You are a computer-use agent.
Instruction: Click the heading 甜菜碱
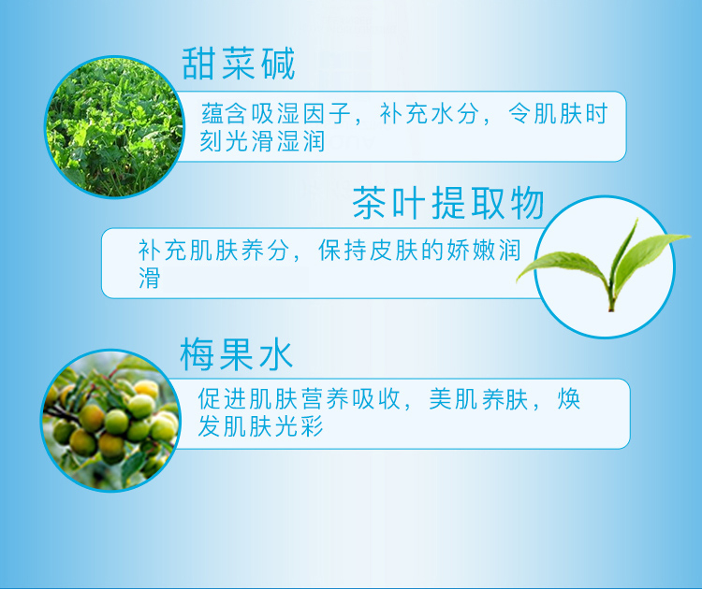[x=238, y=64]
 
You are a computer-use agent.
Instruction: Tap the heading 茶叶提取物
[x=448, y=204]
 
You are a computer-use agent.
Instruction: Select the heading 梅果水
[x=237, y=354]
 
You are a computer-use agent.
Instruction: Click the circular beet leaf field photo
[x=114, y=127]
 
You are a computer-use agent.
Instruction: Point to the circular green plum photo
[x=111, y=421]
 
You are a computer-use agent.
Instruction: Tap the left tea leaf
[x=562, y=266]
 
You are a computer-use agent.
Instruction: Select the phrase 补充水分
[x=429, y=113]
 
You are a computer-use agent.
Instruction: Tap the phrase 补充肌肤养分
[x=213, y=250]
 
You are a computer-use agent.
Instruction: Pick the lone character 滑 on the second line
[x=149, y=278]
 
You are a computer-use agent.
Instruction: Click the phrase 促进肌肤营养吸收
[x=300, y=398]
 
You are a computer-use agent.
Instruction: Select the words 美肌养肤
[x=478, y=398]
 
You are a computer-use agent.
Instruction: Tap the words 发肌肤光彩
[x=260, y=426]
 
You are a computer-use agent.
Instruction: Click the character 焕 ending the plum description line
[x=569, y=398]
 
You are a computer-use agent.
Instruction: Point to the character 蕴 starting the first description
[x=212, y=113]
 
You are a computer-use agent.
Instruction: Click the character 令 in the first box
[x=519, y=113]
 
